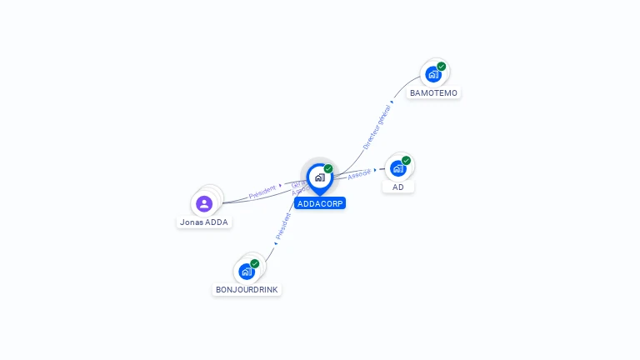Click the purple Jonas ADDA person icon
pyautogui.click(x=204, y=203)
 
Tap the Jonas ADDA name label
pyautogui.click(x=204, y=222)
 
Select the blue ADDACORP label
pyautogui.click(x=319, y=203)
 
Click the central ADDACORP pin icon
pyautogui.click(x=319, y=177)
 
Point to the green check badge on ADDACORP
pyautogui.click(x=328, y=169)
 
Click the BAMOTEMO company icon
pyautogui.click(x=432, y=74)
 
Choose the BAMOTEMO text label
pyautogui.click(x=433, y=93)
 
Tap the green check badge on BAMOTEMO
pyautogui.click(x=442, y=67)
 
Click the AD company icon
pyautogui.click(x=397, y=168)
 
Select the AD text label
pyautogui.click(x=398, y=187)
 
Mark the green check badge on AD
pyautogui.click(x=407, y=161)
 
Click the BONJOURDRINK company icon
pyautogui.click(x=246, y=271)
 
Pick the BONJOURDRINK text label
pyautogui.click(x=247, y=290)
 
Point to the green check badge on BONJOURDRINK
pyautogui.click(x=255, y=263)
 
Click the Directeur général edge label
pyautogui.click(x=377, y=127)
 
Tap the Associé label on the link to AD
pyautogui.click(x=359, y=174)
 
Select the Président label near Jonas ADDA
pyautogui.click(x=262, y=191)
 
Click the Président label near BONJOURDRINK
pyautogui.click(x=282, y=227)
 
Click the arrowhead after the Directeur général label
pyautogui.click(x=392, y=102)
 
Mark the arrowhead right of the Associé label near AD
pyautogui.click(x=376, y=170)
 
